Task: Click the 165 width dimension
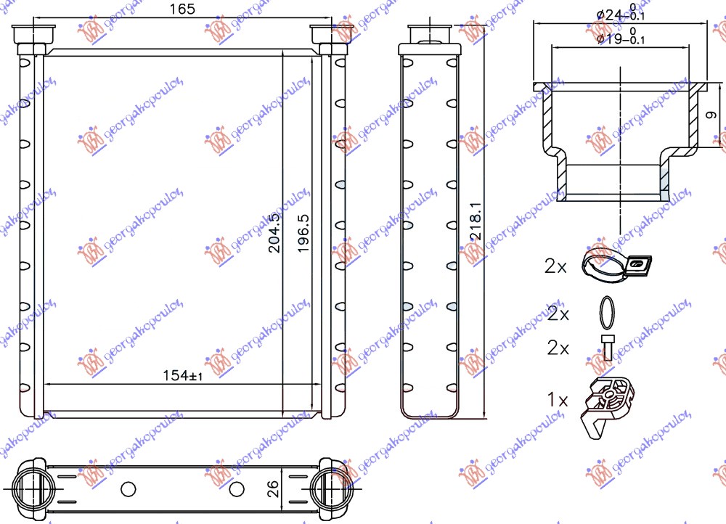176,9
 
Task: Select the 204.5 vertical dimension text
274,232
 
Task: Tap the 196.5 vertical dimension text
303,232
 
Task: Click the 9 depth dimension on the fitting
711,115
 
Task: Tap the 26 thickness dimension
273,488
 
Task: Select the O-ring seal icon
608,313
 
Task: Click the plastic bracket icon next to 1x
608,406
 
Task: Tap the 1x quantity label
558,398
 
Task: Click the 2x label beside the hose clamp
555,266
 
